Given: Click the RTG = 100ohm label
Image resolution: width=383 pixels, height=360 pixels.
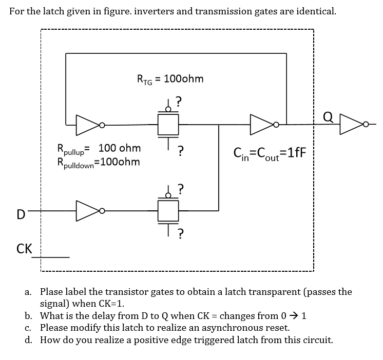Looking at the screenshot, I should tap(170, 79).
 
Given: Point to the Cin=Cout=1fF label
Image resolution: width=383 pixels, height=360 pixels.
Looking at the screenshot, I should tap(270, 152).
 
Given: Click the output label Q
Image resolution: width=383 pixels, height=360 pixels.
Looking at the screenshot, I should tap(327, 117).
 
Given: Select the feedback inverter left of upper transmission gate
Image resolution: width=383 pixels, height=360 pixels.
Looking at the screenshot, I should tap(89, 124).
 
